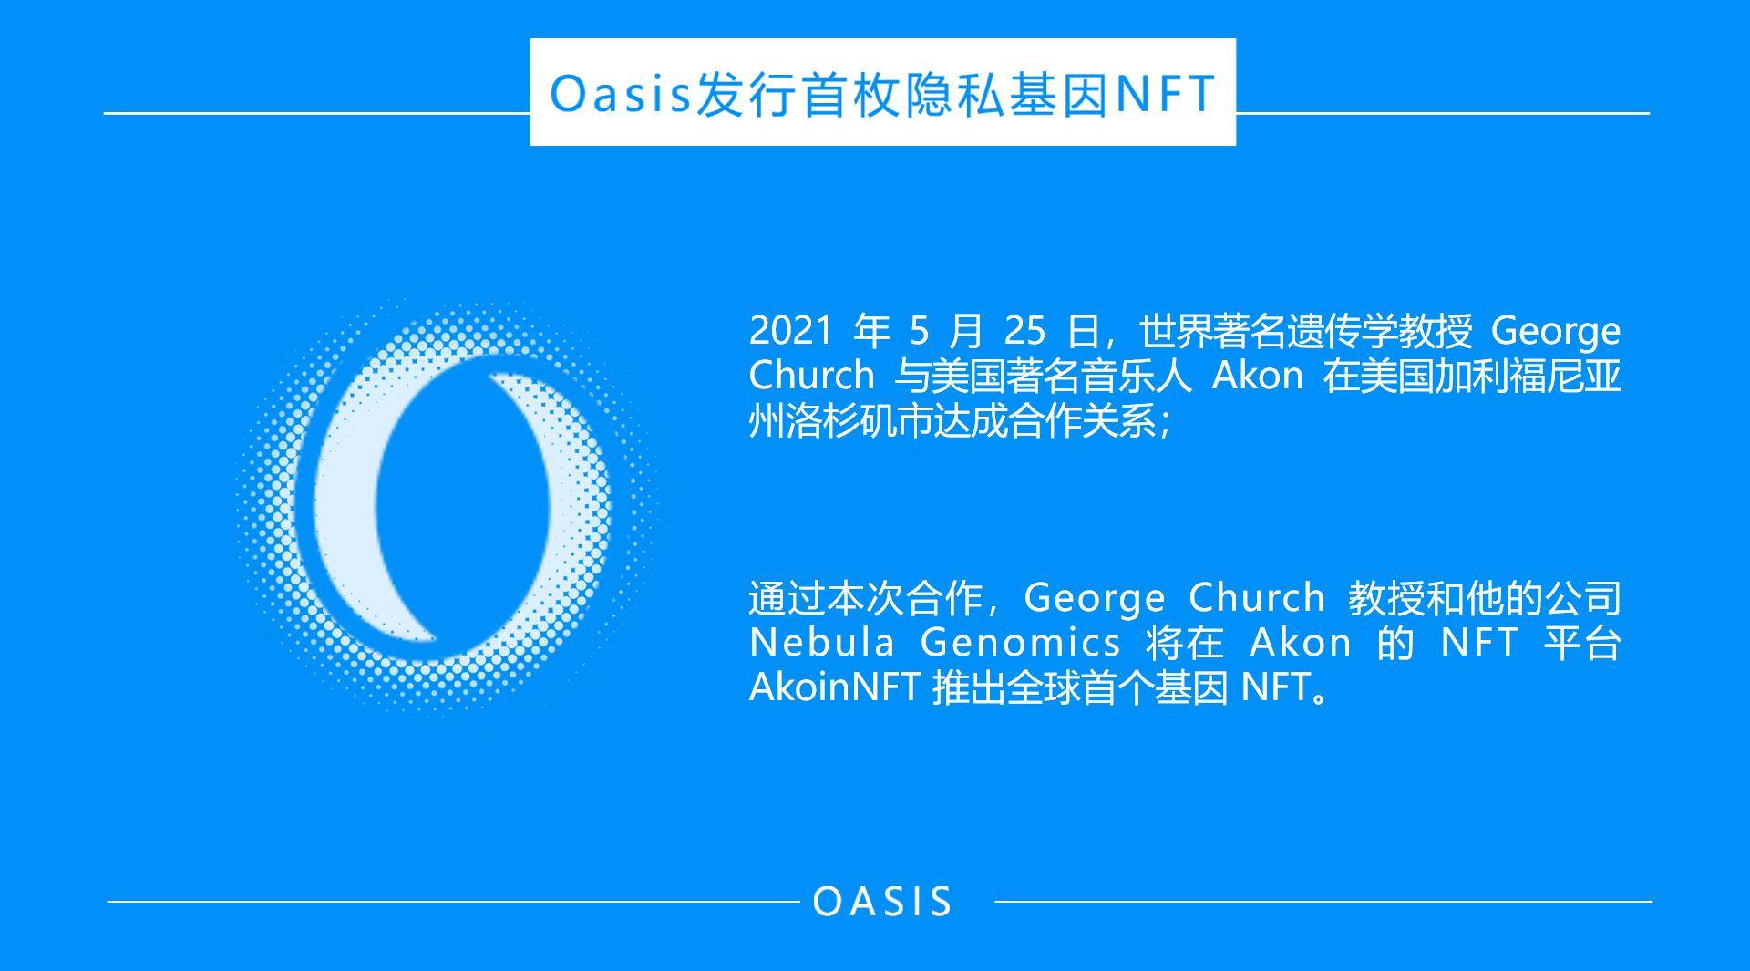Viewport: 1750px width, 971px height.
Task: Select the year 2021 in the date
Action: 790,330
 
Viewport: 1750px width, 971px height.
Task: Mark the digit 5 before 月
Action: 919,330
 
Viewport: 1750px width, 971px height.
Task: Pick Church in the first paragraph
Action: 811,376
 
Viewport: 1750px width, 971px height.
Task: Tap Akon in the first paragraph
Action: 1257,376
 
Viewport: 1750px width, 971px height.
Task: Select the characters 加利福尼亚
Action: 1529,376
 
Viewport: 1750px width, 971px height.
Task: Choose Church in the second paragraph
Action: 1257,598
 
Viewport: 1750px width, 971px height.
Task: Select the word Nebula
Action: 822,643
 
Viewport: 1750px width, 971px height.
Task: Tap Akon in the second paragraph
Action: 1301,643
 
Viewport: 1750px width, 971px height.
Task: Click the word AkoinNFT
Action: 833,687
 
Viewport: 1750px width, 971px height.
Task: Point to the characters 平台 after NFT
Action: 1583,643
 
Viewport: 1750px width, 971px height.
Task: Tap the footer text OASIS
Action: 881,902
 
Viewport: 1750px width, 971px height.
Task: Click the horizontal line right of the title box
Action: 1442,113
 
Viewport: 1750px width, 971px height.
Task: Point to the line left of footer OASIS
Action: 453,902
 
